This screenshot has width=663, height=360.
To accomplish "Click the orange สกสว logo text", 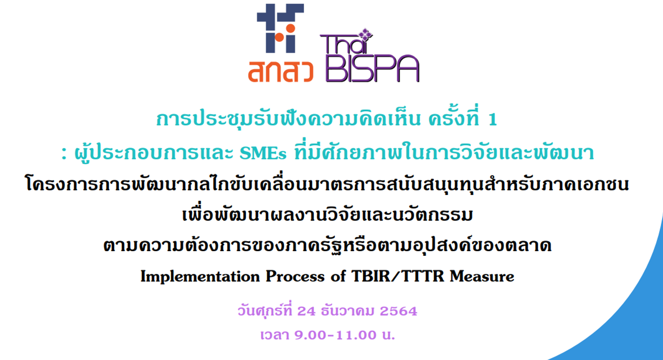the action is (x=281, y=71).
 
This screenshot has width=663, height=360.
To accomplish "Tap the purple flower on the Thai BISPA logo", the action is (x=366, y=35).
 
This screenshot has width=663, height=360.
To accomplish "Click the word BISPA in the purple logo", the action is (x=372, y=68).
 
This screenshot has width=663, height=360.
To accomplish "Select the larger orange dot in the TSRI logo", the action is (x=291, y=29).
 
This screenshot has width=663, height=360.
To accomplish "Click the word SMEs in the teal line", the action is (x=263, y=153).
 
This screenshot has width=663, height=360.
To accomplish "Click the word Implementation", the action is (x=200, y=276).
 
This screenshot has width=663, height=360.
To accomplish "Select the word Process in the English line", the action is (x=295, y=276).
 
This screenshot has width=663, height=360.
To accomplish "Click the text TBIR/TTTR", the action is (x=398, y=276).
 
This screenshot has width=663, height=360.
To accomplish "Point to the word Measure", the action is (x=482, y=276).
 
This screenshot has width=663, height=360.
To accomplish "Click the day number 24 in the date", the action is (x=306, y=311).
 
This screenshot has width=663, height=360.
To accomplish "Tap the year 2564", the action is (x=398, y=311).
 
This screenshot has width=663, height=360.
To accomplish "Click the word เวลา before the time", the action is (x=274, y=335).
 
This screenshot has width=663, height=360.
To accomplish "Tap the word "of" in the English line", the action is (x=338, y=276).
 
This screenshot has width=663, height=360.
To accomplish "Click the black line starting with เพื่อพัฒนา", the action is (x=327, y=213).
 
